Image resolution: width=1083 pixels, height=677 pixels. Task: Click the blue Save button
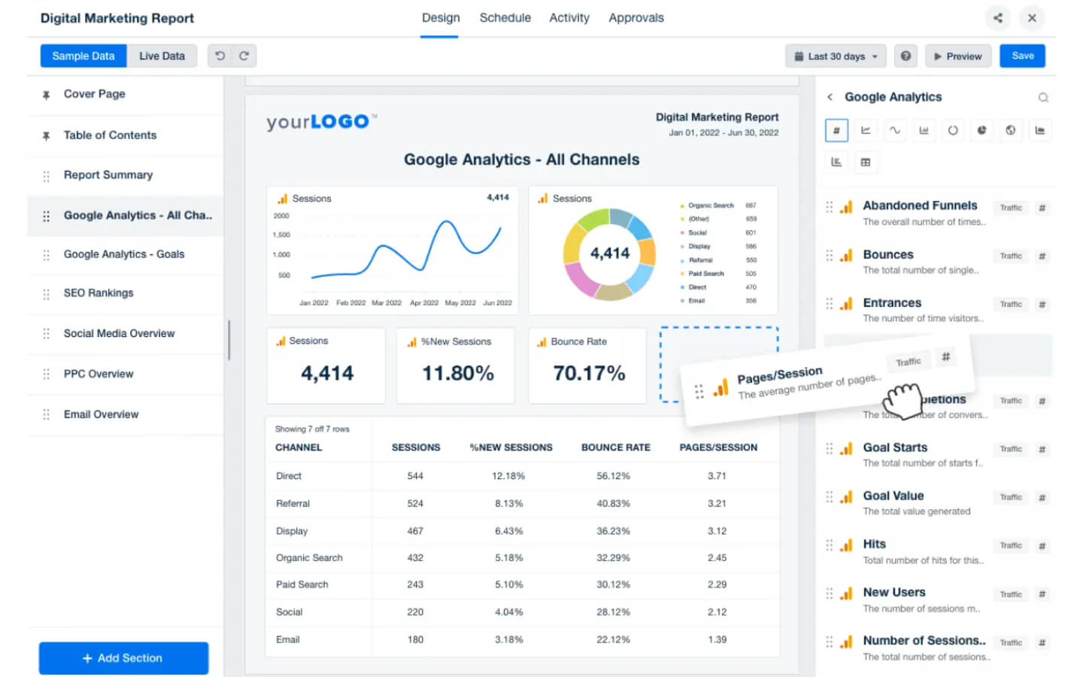pos(1022,56)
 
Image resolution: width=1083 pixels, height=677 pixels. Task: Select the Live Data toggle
pos(162,56)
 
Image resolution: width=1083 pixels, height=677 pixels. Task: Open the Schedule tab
pos(505,18)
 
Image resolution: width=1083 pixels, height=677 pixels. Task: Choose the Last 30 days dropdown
pos(836,56)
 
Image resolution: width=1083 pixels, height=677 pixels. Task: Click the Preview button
pos(957,56)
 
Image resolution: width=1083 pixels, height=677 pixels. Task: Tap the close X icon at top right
pos(1032,18)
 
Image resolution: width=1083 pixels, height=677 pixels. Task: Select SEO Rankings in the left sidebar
pos(99,293)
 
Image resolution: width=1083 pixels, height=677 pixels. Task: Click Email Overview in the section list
pos(101,414)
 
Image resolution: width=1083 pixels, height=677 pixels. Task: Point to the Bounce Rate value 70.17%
pos(589,373)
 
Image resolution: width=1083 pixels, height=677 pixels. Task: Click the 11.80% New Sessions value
pos(458,373)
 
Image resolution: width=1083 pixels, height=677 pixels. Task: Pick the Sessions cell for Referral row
pos(415,504)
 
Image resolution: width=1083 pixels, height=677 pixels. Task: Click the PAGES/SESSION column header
pos(718,448)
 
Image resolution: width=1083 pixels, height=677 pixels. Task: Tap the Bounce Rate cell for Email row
pos(613,640)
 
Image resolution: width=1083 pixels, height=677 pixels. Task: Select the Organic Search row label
pos(309,558)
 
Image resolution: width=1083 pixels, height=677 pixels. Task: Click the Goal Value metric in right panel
pos(893,496)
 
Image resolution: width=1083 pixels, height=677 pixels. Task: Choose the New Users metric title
pos(894,593)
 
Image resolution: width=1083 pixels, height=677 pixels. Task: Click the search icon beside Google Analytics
pos(1043,98)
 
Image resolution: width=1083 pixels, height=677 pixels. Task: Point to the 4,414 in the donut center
pos(610,253)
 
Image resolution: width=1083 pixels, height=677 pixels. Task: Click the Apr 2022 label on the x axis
pos(424,303)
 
